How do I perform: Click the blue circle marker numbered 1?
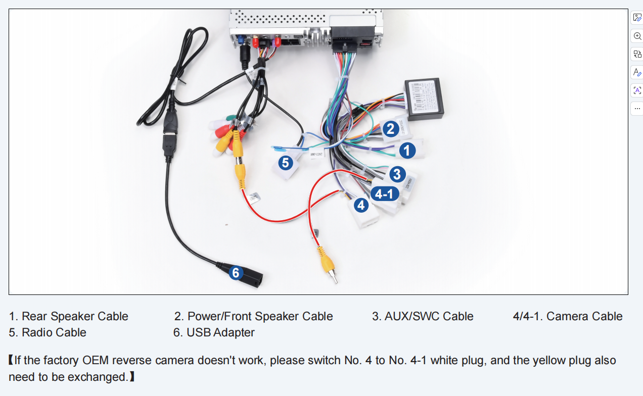pyautogui.click(x=407, y=150)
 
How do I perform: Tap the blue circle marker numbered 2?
pyautogui.click(x=389, y=129)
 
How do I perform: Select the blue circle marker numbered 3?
pyautogui.click(x=397, y=175)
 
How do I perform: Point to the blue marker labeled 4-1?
pyautogui.click(x=385, y=194)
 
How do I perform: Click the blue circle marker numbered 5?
pyautogui.click(x=286, y=163)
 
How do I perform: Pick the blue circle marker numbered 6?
pyautogui.click(x=236, y=273)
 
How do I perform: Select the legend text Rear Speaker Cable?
pyautogui.click(x=75, y=317)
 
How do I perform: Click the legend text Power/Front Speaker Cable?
pyautogui.click(x=260, y=317)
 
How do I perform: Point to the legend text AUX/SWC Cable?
pyautogui.click(x=429, y=317)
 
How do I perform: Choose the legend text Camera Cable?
pyautogui.click(x=584, y=317)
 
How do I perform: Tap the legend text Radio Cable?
pyautogui.click(x=54, y=333)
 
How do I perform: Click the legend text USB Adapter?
pyautogui.click(x=220, y=333)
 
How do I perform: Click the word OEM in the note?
pyautogui.click(x=96, y=361)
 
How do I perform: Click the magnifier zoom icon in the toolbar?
pyautogui.click(x=637, y=36)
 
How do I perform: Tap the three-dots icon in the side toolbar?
pyautogui.click(x=637, y=108)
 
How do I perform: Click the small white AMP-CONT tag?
pyautogui.click(x=316, y=154)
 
